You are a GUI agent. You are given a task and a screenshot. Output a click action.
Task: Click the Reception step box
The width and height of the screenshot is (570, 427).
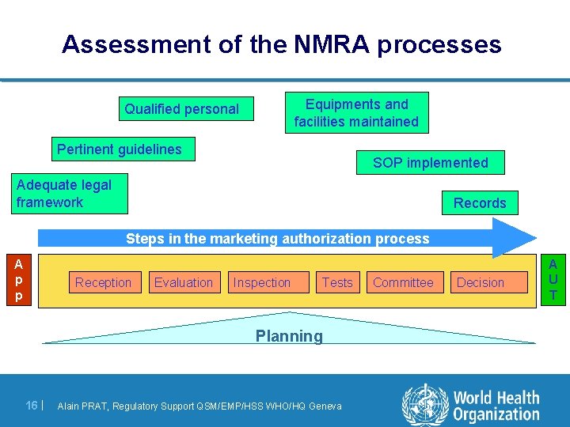(x=103, y=282)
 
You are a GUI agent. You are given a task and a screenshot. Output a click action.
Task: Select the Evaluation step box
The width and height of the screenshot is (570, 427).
(x=184, y=282)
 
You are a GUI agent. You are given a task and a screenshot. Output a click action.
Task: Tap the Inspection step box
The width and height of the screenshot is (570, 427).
(x=262, y=282)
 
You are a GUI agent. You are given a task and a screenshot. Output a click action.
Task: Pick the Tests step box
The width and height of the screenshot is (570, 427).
(x=337, y=282)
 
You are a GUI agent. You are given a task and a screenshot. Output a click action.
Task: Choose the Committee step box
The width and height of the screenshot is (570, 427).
(x=403, y=282)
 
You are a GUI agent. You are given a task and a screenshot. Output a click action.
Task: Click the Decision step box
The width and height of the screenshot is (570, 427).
(x=481, y=282)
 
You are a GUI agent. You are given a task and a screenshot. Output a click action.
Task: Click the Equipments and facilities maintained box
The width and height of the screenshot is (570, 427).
(x=356, y=112)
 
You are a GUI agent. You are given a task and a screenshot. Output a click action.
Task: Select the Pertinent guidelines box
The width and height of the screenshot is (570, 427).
(x=120, y=149)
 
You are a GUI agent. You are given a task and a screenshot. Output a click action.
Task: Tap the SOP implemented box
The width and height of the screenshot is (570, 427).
(x=431, y=163)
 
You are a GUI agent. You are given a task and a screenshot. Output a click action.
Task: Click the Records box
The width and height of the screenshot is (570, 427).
(x=480, y=202)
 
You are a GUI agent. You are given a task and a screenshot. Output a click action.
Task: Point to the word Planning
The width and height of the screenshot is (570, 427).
(x=289, y=336)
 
